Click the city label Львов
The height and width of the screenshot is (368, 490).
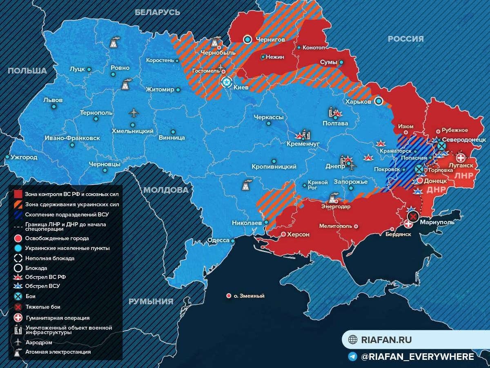coord(53,100)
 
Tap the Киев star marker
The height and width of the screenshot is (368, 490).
coord(226,82)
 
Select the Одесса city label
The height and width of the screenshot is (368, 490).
coord(218,240)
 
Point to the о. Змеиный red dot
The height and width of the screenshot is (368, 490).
coord(229,296)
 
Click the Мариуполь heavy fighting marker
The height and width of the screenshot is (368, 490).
coord(413,216)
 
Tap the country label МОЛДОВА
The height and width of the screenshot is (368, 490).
coord(166,190)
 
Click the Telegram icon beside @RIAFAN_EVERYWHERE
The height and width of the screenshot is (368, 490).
coord(352,357)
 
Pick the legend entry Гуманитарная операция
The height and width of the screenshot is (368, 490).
coord(57,317)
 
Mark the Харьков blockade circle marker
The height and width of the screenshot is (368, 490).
coord(379,101)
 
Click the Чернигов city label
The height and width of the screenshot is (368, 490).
coord(270,40)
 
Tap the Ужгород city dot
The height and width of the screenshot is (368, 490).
coord(7,157)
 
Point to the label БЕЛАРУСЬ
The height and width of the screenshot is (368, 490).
coord(157,12)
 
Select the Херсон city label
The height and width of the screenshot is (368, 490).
coord(298,234)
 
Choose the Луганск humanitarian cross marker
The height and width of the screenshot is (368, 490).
coord(461,158)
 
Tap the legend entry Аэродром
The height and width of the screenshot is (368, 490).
coord(39,342)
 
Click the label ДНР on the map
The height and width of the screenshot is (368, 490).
coord(436,190)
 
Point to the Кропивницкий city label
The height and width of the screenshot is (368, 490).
coord(274,167)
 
